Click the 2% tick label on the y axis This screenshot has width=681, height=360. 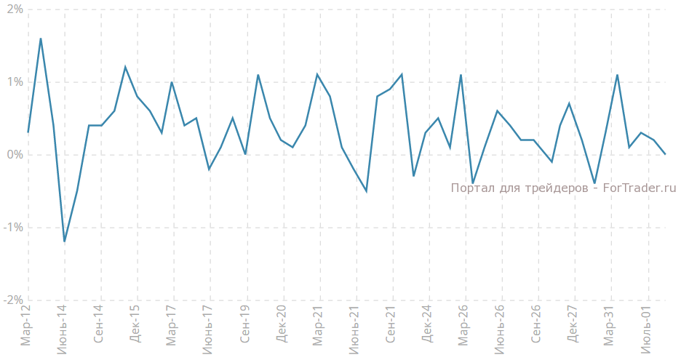(15, 9)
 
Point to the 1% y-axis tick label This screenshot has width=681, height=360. (15, 82)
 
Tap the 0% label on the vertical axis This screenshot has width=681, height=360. (15, 155)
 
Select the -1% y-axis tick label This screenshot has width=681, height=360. (13, 228)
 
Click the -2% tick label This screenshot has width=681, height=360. (13, 300)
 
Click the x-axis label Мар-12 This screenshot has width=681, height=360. (26, 327)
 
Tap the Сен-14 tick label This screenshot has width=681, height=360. (99, 327)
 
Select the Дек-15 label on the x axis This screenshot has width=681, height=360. (135, 327)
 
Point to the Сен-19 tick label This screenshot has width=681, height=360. (245, 327)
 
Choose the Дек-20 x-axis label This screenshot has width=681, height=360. (282, 327)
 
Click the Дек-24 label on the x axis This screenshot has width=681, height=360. (427, 327)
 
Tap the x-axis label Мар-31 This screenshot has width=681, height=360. (610, 327)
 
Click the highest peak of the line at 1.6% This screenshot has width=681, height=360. (41, 39)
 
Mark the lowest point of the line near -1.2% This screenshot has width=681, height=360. (65, 241)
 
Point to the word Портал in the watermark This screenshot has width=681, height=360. (471, 188)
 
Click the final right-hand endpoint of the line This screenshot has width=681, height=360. (665, 154)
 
